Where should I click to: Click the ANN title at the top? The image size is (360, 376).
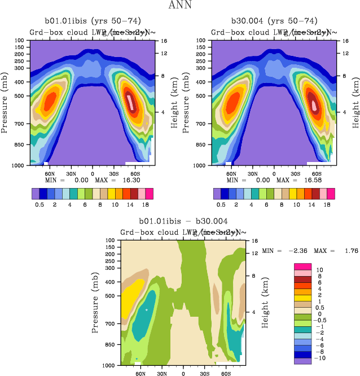tap(179, 6)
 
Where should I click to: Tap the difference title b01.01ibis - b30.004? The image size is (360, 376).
tap(183, 221)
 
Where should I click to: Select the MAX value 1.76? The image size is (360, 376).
tap(346, 250)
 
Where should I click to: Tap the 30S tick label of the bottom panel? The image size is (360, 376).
tap(204, 373)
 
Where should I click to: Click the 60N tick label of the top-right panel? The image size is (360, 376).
tap(231, 174)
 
